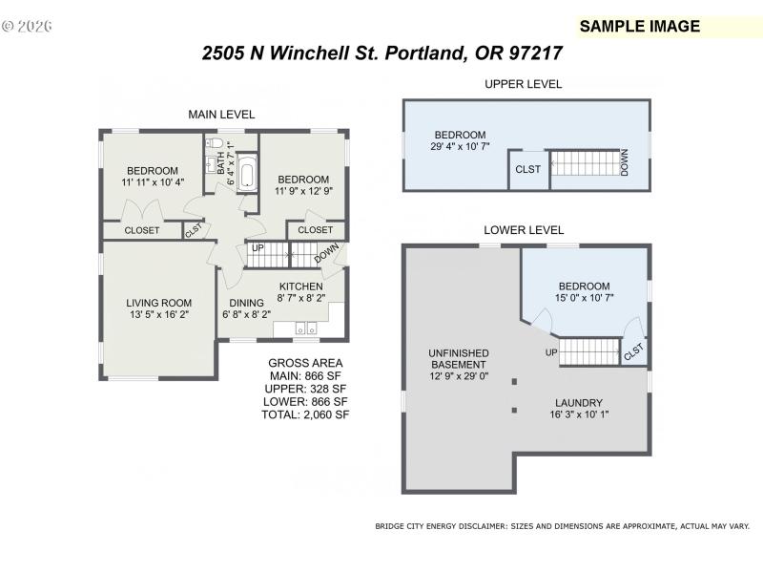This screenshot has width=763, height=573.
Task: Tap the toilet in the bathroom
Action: coord(216,145)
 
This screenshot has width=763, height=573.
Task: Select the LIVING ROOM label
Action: coord(159,304)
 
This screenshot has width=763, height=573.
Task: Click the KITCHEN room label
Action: coord(300,286)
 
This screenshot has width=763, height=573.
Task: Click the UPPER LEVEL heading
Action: coord(523,84)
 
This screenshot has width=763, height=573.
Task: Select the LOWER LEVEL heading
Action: coord(524,230)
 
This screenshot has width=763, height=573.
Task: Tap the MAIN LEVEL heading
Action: coord(221,115)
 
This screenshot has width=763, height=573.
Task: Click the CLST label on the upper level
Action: coord(527,170)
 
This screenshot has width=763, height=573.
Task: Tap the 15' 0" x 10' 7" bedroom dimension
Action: coord(584,298)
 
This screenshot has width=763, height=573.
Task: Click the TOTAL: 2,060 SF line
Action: coord(305,415)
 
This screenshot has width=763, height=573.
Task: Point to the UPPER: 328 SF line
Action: coord(305,389)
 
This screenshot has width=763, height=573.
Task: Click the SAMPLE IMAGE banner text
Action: coord(640,27)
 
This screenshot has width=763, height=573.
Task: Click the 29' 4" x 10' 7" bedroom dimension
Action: coord(460,147)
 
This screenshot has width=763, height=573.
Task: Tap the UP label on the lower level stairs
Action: coord(550,352)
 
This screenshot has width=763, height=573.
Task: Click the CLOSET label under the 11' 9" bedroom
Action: coord(316,230)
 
